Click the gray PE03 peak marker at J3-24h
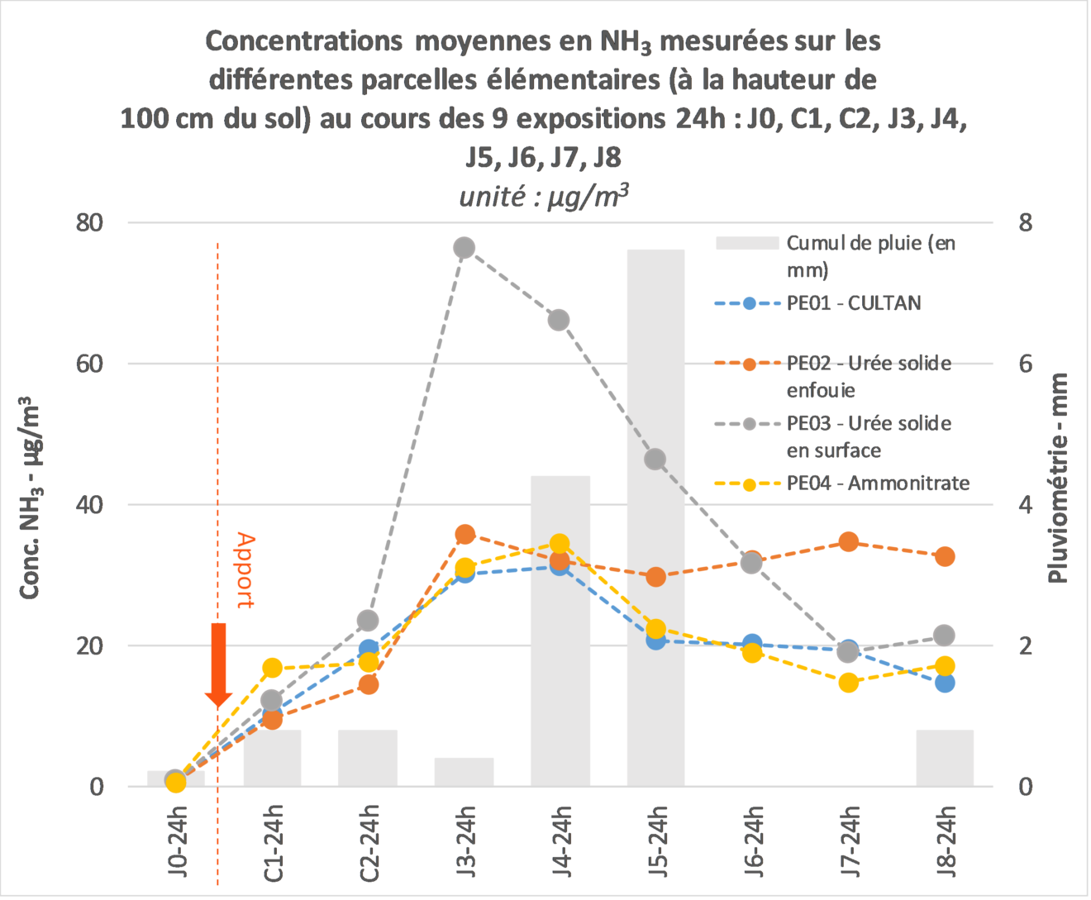[x=464, y=248]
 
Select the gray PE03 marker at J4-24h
[x=559, y=320]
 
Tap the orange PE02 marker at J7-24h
[x=849, y=542]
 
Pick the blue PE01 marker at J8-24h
[x=946, y=683]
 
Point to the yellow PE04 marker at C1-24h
[x=272, y=668]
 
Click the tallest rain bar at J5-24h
[x=655, y=518]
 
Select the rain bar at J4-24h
[x=560, y=631]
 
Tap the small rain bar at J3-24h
[x=464, y=772]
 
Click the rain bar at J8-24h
[x=946, y=758]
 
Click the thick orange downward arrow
[x=218, y=665]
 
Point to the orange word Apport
[x=245, y=570]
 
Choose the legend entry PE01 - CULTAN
[x=818, y=303]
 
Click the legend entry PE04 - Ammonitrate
[x=842, y=483]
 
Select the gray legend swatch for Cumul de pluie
[x=747, y=243]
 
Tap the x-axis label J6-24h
[x=752, y=842]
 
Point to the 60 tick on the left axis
[x=89, y=364]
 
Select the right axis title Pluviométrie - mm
[x=1058, y=478]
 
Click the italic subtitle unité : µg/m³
[x=544, y=197]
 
